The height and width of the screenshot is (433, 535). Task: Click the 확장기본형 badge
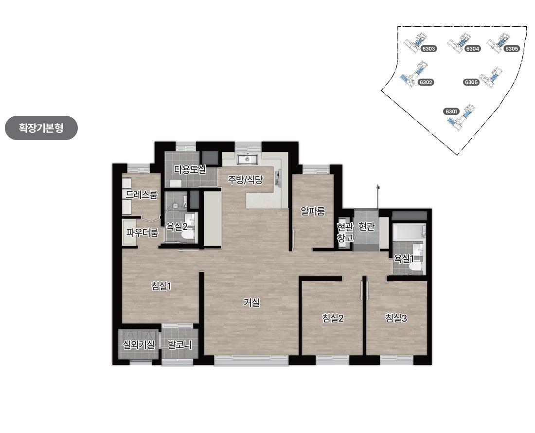[x=41, y=128]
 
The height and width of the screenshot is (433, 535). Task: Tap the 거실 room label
[x=251, y=302]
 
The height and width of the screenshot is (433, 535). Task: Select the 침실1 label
[x=161, y=286]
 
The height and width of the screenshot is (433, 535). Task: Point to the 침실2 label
[x=333, y=318]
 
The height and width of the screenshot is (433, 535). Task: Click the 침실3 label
[x=396, y=318]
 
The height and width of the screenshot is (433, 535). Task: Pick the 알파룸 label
[x=313, y=211]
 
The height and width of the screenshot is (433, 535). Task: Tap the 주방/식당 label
[x=245, y=180]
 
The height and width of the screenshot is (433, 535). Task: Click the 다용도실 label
[x=190, y=169]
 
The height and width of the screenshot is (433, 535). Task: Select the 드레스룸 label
[x=142, y=195]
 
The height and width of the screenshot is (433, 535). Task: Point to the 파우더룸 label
[x=143, y=233]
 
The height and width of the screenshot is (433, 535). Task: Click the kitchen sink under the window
[x=248, y=159]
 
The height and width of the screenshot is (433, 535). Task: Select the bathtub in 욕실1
[x=409, y=232]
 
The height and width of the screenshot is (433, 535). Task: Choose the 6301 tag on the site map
[x=451, y=111]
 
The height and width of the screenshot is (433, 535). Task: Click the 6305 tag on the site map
[x=512, y=49]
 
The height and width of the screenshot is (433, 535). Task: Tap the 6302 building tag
[x=426, y=82]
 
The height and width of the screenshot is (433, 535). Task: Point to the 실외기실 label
[x=139, y=344]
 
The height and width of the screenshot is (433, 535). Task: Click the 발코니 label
[x=179, y=344]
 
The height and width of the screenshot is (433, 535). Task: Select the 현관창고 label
[x=345, y=232]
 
